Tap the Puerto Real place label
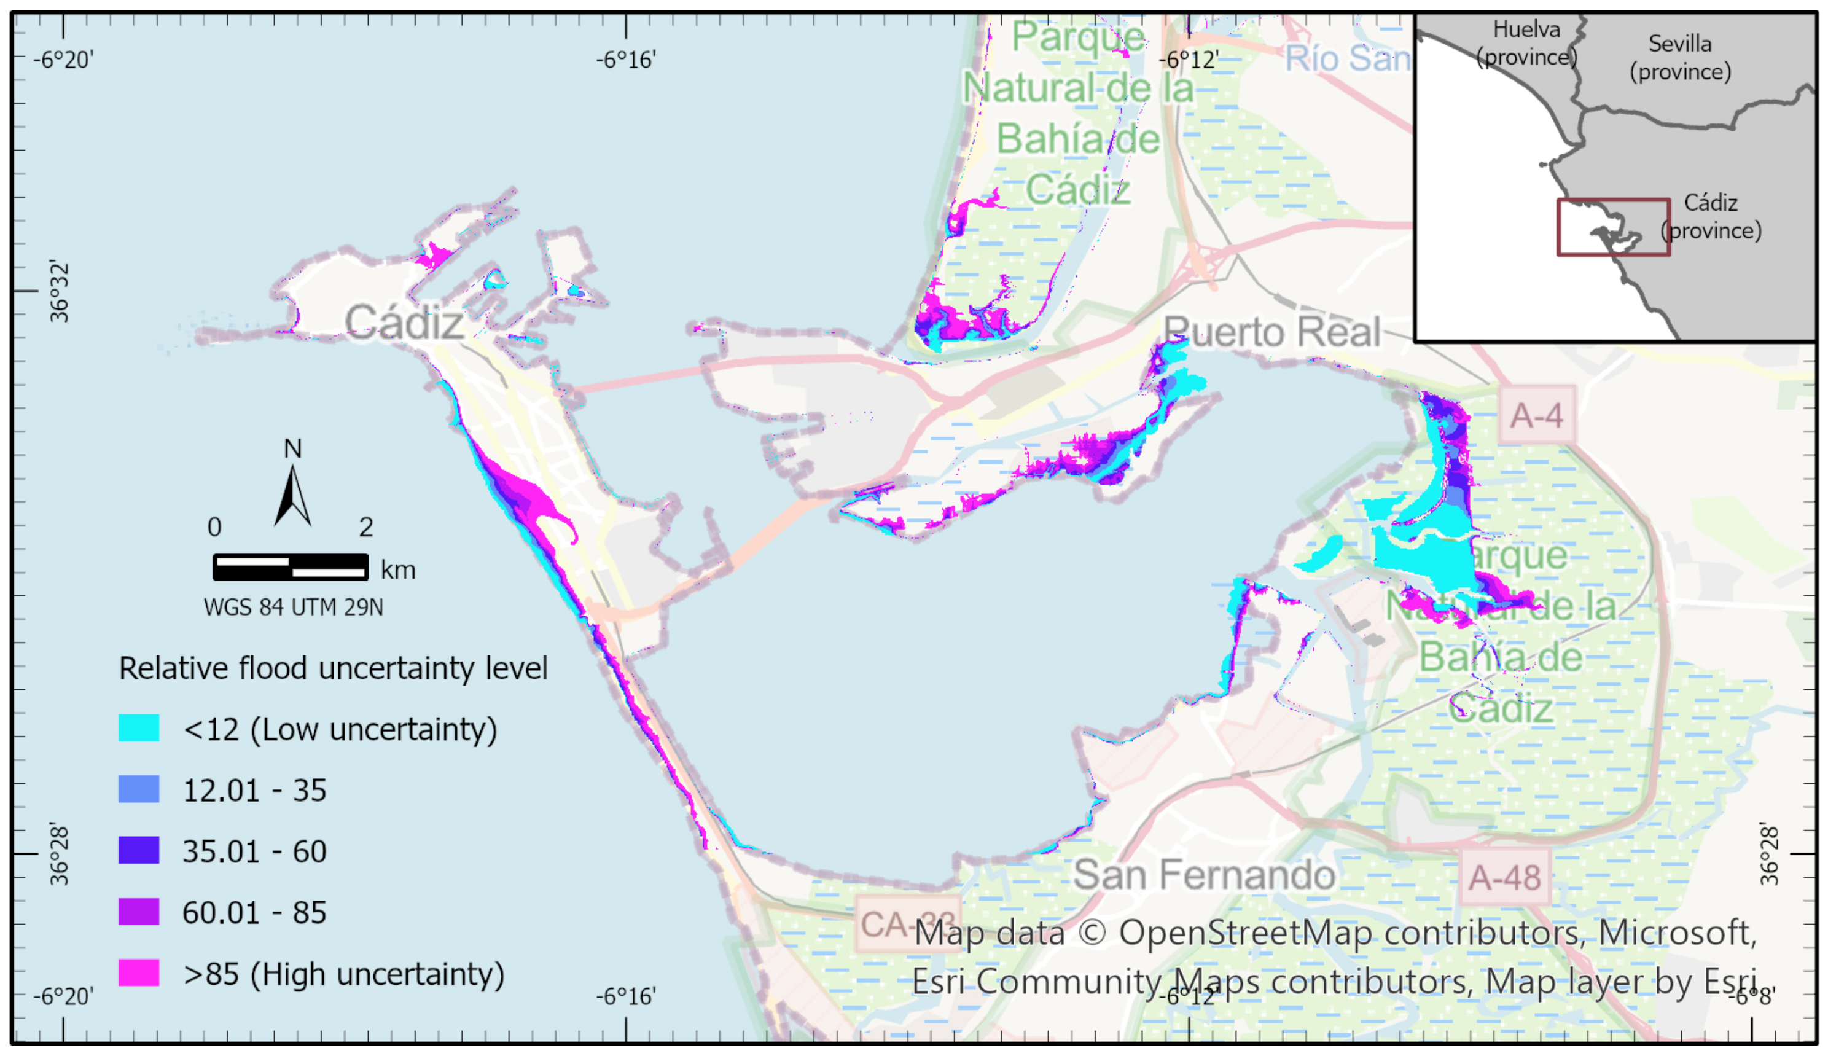pyautogui.click(x=1272, y=332)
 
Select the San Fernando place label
pyautogui.click(x=1204, y=874)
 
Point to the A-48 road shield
pyautogui.click(x=1505, y=878)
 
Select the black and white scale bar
pyautogui.click(x=290, y=567)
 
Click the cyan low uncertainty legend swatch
pyautogui.click(x=138, y=728)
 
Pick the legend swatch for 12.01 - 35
pyautogui.click(x=138, y=789)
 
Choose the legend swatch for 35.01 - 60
pyautogui.click(x=138, y=850)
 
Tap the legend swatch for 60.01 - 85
pyautogui.click(x=138, y=912)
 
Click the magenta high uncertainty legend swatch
pyautogui.click(x=138, y=972)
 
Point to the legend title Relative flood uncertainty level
pyautogui.click(x=333, y=668)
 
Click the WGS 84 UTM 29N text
pyautogui.click(x=293, y=607)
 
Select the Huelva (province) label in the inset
pyautogui.click(x=1526, y=43)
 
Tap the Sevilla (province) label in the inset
pyautogui.click(x=1680, y=57)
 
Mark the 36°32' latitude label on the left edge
pyautogui.click(x=59, y=292)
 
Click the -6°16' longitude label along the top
pyautogui.click(x=626, y=60)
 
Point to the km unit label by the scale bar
pyautogui.click(x=398, y=570)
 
